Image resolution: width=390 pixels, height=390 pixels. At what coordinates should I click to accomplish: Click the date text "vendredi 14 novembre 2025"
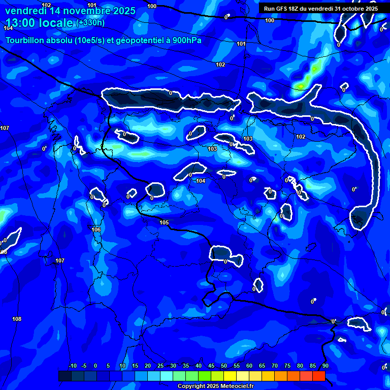(x=70, y=11)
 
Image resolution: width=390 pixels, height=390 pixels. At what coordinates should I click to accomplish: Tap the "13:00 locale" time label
(x=40, y=23)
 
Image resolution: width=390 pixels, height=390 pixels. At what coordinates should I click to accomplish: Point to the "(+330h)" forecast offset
(x=90, y=23)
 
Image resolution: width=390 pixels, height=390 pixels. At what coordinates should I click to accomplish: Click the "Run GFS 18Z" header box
(x=321, y=8)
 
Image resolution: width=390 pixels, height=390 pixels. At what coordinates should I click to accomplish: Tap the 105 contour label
(x=164, y=223)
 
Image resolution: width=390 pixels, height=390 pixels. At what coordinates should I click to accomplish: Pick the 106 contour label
(x=96, y=230)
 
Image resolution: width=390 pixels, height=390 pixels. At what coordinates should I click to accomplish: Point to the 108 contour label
(x=17, y=319)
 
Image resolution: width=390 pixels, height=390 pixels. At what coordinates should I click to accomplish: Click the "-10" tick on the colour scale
(x=72, y=366)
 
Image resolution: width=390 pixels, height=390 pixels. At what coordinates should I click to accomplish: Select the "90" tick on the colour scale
(x=325, y=366)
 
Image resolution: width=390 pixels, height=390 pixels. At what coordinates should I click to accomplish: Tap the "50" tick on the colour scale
(x=223, y=366)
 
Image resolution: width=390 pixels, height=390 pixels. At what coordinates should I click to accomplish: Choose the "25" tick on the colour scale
(x=160, y=366)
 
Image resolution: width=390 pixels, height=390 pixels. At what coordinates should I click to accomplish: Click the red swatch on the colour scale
(x=318, y=376)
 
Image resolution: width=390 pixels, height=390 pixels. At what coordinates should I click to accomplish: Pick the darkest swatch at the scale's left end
(x=64, y=376)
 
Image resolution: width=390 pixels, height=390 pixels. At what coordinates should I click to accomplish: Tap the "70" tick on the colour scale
(x=274, y=366)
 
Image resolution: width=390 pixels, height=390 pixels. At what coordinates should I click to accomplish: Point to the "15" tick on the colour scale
(x=135, y=366)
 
